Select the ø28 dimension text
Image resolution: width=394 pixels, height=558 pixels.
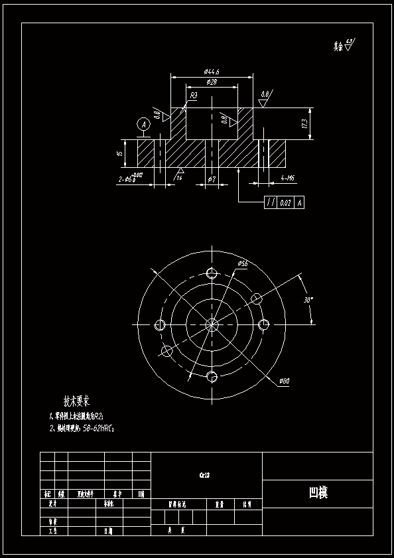click(212, 82)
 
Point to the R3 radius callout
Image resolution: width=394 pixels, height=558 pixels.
click(194, 96)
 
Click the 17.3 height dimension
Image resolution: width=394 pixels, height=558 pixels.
click(304, 124)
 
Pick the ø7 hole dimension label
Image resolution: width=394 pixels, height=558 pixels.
click(212, 179)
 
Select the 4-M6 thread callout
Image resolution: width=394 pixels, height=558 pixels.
click(289, 178)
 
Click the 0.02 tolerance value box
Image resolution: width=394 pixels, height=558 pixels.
click(285, 203)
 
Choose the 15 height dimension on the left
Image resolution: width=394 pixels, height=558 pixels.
click(120, 153)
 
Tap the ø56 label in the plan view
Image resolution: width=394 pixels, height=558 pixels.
click(242, 264)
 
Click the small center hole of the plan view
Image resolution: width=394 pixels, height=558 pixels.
click(212, 324)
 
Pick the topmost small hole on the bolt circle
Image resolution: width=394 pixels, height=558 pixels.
click(212, 274)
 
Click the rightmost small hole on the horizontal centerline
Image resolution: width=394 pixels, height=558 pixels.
click(263, 324)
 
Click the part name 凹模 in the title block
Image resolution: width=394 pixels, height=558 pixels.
click(318, 493)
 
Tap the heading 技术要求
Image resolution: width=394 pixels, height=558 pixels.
click(76, 401)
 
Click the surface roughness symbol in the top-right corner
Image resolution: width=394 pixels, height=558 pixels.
click(349, 46)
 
